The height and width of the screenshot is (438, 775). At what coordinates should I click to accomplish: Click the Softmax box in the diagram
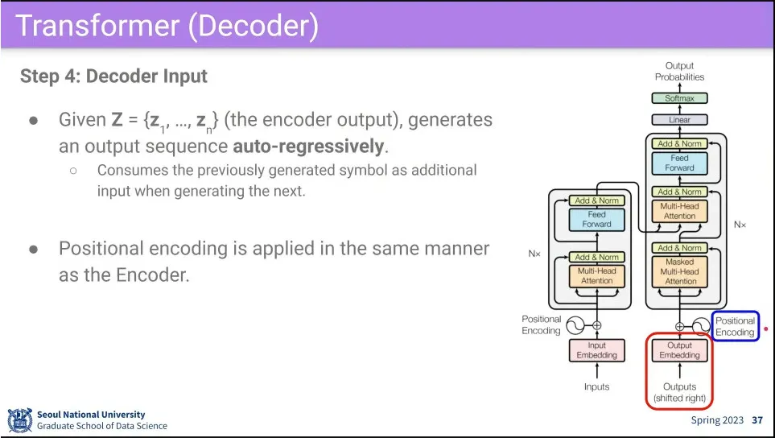click(x=680, y=98)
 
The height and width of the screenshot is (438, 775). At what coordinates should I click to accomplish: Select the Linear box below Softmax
click(x=680, y=120)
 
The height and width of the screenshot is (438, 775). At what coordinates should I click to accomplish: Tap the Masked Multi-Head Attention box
click(x=680, y=272)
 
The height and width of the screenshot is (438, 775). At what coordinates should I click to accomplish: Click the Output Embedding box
click(x=680, y=350)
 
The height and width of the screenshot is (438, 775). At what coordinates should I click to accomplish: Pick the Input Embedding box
click(x=596, y=350)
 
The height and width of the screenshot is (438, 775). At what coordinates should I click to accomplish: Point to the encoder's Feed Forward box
click(x=596, y=219)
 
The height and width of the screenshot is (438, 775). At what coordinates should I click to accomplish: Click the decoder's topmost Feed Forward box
click(x=680, y=163)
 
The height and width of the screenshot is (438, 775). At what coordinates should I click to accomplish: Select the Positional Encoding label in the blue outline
click(x=736, y=326)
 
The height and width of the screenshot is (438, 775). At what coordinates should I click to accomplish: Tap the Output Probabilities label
click(x=679, y=72)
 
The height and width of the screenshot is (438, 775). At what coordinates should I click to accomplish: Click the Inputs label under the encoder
click(x=596, y=386)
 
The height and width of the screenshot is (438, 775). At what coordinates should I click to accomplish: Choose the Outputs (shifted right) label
click(x=680, y=392)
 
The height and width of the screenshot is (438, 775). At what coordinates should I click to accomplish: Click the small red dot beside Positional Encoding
click(x=765, y=329)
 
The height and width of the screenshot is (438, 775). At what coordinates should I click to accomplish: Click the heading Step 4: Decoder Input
click(x=113, y=76)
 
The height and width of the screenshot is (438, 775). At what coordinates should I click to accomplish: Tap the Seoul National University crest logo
click(x=19, y=420)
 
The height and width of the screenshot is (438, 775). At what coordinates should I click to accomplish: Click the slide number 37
click(x=756, y=420)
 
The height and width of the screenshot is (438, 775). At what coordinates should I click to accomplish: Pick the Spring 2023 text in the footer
click(x=718, y=420)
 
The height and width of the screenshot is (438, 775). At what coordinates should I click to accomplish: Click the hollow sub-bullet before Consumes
click(x=72, y=171)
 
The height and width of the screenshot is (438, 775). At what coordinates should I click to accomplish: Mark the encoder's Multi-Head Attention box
click(x=596, y=276)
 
